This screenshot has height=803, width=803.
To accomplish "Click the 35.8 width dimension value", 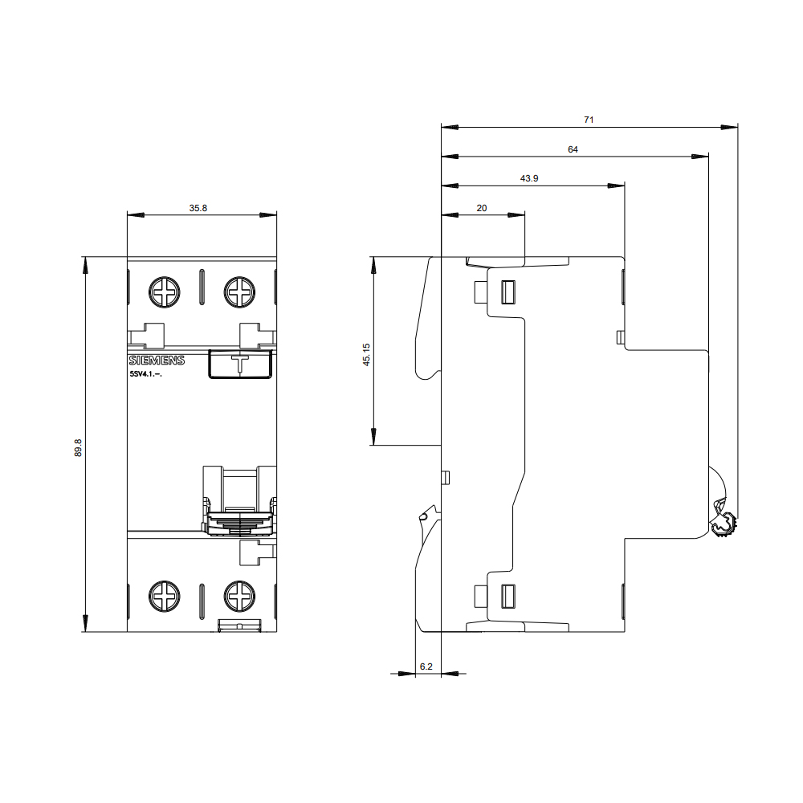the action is pyautogui.click(x=198, y=208).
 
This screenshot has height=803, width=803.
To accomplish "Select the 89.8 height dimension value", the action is pyautogui.click(x=78, y=447).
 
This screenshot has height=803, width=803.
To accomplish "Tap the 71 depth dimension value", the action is pyautogui.click(x=589, y=120).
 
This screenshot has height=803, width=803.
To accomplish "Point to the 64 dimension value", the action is pyautogui.click(x=573, y=149).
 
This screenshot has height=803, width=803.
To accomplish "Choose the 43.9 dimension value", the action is pyautogui.click(x=529, y=178).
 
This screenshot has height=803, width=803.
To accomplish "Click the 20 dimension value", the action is pyautogui.click(x=481, y=208).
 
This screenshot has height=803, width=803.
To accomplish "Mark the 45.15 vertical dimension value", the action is pyautogui.click(x=366, y=354).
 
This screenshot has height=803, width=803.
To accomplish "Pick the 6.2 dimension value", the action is pyautogui.click(x=426, y=666).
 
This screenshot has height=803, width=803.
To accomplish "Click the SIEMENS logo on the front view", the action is pyautogui.click(x=157, y=361).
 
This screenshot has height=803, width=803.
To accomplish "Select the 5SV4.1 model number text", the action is pyautogui.click(x=145, y=374).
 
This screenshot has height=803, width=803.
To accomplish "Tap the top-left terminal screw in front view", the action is pyautogui.click(x=165, y=292).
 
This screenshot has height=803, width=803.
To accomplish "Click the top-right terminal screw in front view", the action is pyautogui.click(x=239, y=292).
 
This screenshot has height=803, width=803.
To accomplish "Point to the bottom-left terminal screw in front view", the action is pyautogui.click(x=165, y=596).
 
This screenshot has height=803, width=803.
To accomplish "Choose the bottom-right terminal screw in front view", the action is pyautogui.click(x=239, y=596).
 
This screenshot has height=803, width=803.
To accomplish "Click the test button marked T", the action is pyautogui.click(x=240, y=364).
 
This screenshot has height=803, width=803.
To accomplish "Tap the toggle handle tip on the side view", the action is pyautogui.click(x=724, y=520).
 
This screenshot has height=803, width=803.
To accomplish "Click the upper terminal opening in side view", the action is pyautogui.click(x=507, y=292).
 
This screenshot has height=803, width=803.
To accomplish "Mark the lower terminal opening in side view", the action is pyautogui.click(x=507, y=596).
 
